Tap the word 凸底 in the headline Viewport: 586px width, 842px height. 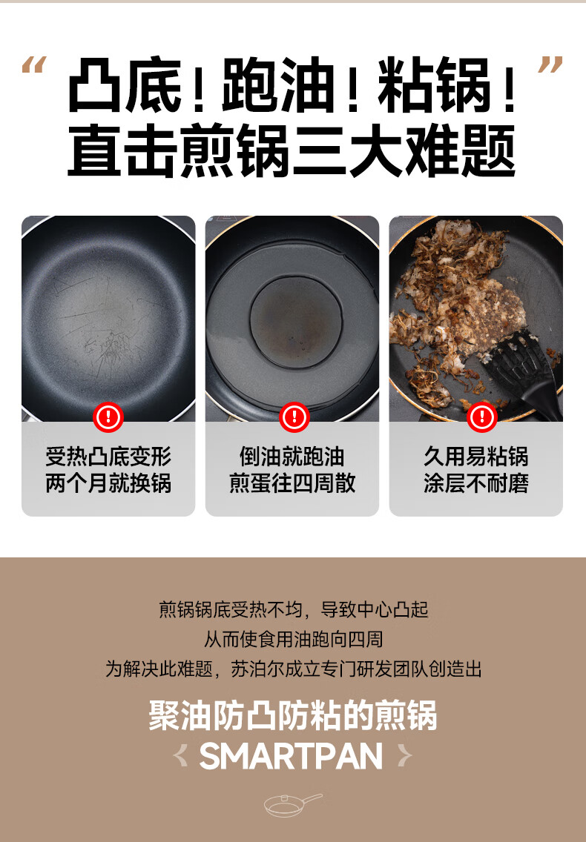(x=124, y=88)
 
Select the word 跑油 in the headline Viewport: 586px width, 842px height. (x=277, y=88)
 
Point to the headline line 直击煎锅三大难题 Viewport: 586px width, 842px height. (x=292, y=151)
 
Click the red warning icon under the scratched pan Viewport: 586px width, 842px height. (x=108, y=417)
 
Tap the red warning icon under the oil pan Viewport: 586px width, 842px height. (x=293, y=417)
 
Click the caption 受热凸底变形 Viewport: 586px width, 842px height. (x=108, y=456)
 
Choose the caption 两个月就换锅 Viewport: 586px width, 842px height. (x=108, y=484)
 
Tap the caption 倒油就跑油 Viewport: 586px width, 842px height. (x=292, y=456)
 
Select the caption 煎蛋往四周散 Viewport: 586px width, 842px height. (x=292, y=484)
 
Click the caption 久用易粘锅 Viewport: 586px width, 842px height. (x=476, y=456)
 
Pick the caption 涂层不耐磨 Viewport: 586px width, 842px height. (x=476, y=484)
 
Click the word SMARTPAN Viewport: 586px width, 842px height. (x=292, y=756)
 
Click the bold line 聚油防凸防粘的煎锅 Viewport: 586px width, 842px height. (x=292, y=717)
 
